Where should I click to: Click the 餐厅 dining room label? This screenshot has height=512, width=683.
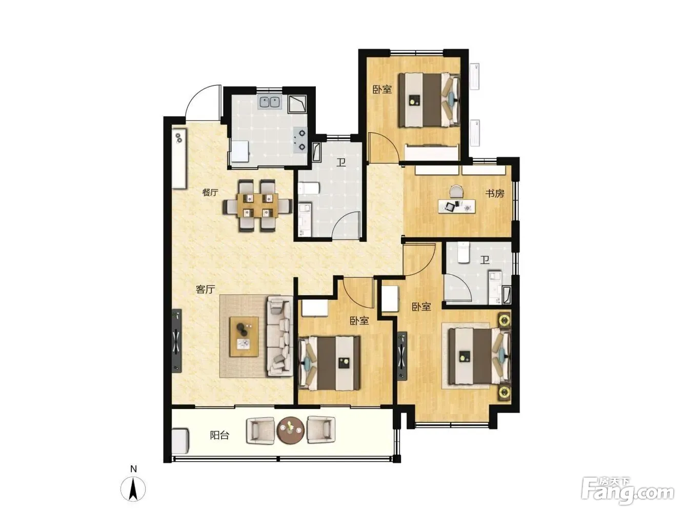pos(210,192)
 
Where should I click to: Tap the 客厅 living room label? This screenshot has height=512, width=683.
pos(206,290)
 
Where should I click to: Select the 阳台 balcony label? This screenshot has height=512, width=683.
pos(219,435)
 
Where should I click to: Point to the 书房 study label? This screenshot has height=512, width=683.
pos(495,193)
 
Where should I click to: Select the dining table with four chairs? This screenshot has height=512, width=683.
pos(257,206)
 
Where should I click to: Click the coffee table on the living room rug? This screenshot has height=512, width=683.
pos(244,337)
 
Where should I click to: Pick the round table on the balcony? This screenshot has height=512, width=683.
pos(291,429)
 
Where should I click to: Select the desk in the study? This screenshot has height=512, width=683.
pos(457,207)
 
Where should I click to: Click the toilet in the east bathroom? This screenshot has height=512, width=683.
pos(464,253)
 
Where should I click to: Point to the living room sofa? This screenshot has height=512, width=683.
pos(280,336)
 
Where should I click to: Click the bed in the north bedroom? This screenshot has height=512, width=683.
pos(429,100)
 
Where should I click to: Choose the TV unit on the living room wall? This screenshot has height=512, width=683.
pos(177,340)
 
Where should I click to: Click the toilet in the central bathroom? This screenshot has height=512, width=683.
pos(308,189)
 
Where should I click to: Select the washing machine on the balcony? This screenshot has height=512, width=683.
pos(180,441)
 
